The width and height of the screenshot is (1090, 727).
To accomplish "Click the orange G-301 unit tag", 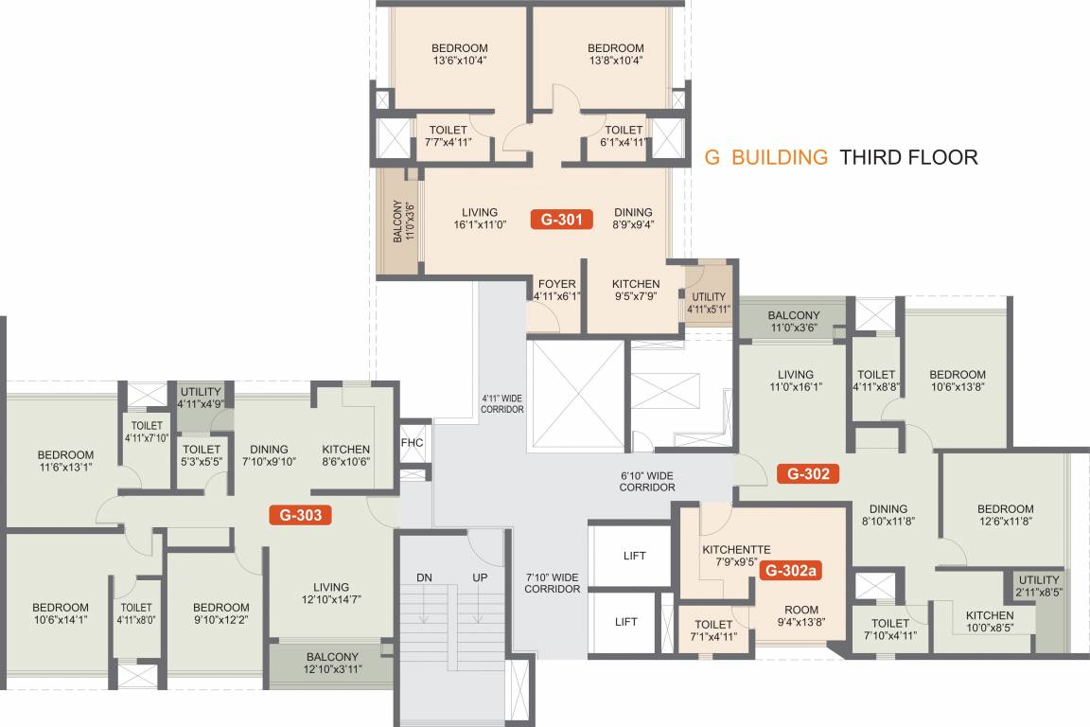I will tap(561, 220).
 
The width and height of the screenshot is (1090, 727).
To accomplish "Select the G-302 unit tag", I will tap(808, 473).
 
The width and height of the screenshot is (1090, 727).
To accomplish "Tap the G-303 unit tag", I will tap(301, 516).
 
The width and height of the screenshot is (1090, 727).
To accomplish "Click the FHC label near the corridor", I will tap(412, 442).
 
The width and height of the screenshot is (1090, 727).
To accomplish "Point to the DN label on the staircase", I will tap(424, 577).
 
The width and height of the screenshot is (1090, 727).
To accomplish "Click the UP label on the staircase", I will tap(480, 577).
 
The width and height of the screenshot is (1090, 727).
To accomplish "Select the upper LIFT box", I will tap(635, 556).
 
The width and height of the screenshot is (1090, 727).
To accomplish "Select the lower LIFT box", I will tap(625, 622).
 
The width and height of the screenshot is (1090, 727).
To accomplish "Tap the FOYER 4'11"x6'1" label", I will tap(556, 290).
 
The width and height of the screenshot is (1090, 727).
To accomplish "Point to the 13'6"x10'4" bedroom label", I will tap(459, 55).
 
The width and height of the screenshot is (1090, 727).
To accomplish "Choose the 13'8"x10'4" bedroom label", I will tap(615, 55).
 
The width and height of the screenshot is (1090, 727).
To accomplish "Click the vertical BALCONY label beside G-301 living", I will tap(403, 220).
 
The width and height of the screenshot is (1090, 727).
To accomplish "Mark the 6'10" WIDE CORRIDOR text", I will tap(647, 480).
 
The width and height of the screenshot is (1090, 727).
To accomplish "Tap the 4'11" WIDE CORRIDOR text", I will tap(501, 404).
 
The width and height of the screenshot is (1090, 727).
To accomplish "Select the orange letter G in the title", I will tap(712, 157).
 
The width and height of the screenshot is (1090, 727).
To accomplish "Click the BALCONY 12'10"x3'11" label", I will tap(332, 664).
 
